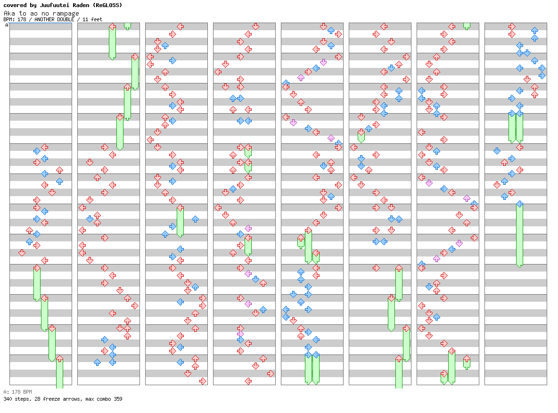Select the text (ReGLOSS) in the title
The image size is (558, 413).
107,5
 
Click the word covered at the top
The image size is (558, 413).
15,5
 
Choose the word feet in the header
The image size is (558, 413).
96,19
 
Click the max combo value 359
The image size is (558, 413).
117,399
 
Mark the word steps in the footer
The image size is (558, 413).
22,399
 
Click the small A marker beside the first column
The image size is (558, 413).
7,25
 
